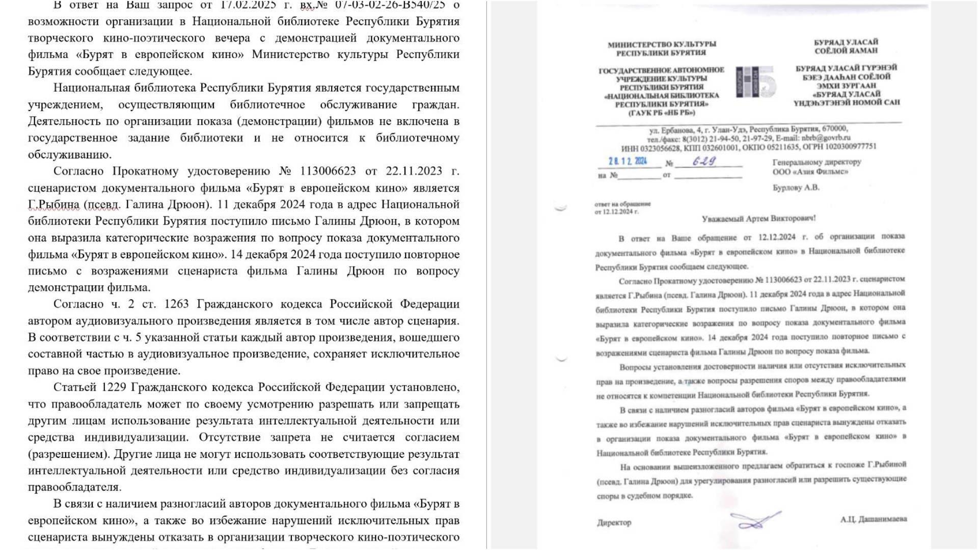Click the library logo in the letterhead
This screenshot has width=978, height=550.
pyautogui.click(x=755, y=81)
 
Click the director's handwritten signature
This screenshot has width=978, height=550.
pyautogui.click(x=755, y=520)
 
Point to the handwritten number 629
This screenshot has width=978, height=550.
pyautogui.click(x=704, y=161)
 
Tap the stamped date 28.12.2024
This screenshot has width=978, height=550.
pyautogui.click(x=628, y=161)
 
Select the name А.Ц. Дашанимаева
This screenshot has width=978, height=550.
pyautogui.click(x=873, y=519)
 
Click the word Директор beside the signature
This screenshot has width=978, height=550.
pyautogui.click(x=614, y=522)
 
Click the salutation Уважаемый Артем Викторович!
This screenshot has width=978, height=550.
pyautogui.click(x=758, y=218)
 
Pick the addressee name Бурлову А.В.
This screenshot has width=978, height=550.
pyautogui.click(x=796, y=188)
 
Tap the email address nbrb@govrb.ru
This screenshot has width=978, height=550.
pyautogui.click(x=826, y=137)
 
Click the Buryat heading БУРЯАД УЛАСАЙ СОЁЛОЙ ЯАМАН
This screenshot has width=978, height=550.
pyautogui.click(x=846, y=46)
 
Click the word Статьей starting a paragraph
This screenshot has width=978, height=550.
pyautogui.click(x=75, y=387)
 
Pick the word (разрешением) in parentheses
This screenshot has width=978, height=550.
pyautogui.click(x=67, y=454)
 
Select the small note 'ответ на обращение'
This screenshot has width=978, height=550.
pyautogui.click(x=622, y=204)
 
